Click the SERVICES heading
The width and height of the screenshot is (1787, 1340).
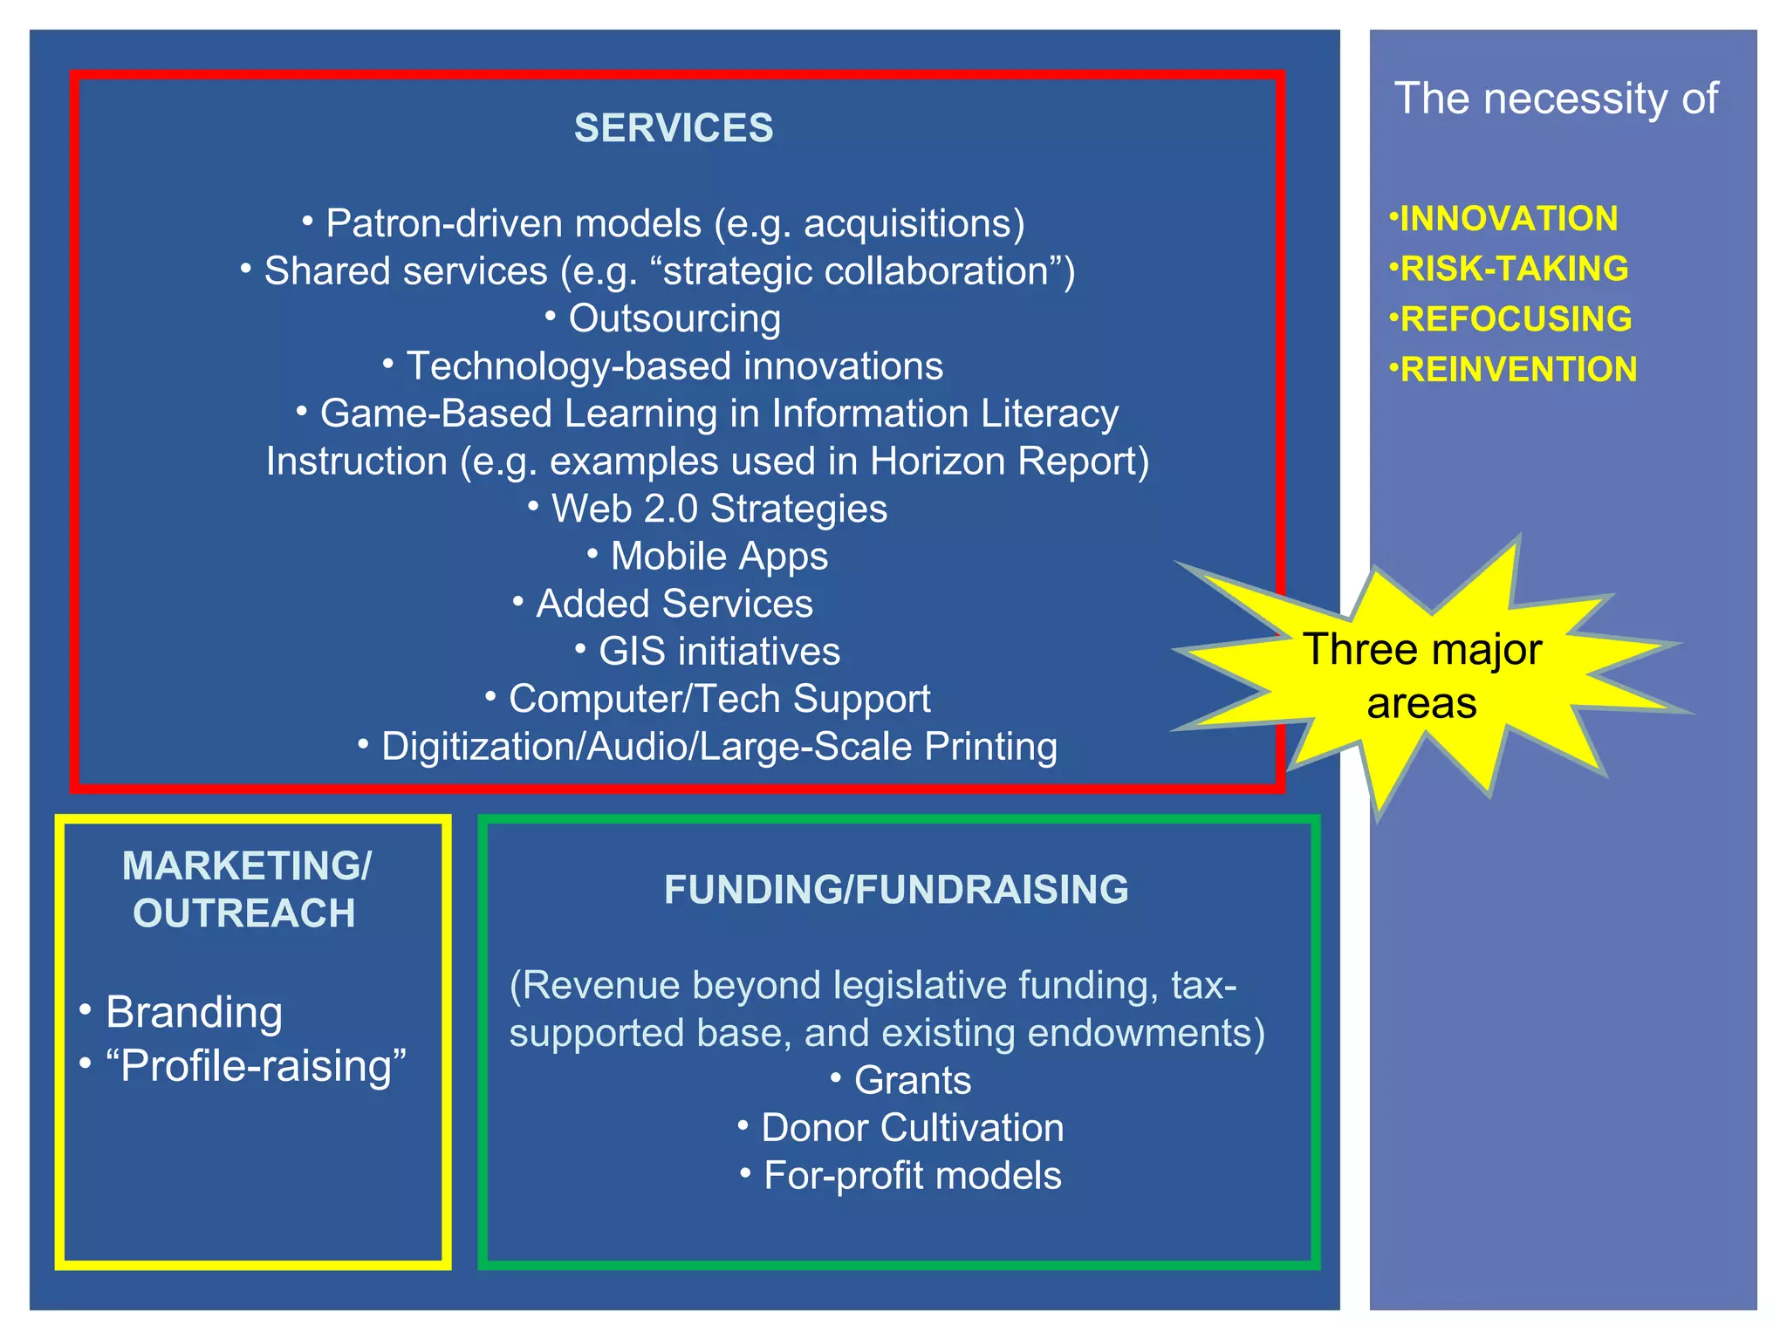point(673,128)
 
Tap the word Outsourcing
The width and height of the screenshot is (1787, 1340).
point(674,318)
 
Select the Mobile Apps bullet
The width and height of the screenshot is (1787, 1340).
point(719,556)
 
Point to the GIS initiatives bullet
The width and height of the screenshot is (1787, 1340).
point(719,652)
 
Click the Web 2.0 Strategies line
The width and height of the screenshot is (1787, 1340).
point(719,509)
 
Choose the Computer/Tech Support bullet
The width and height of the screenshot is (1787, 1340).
point(719,699)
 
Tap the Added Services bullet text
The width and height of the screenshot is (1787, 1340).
point(674,604)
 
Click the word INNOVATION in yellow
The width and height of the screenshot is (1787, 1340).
point(1508,218)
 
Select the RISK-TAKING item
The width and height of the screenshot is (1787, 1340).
point(1513,269)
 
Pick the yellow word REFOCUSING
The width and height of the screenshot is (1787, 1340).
point(1515,319)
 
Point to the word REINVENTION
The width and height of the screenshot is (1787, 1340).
point(1517,370)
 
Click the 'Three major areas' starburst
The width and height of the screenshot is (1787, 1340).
point(1422,676)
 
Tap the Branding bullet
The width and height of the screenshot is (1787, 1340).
point(194,1012)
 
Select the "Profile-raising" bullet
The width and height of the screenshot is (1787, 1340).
point(255,1065)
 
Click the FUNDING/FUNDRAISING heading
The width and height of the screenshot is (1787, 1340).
point(896,890)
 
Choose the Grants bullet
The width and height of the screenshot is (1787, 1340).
point(912,1080)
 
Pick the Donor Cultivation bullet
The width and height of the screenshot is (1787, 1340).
point(912,1128)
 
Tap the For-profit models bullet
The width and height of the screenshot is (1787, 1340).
point(912,1176)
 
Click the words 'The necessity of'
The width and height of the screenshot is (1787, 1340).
point(1556,99)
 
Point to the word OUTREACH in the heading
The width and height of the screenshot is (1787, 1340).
point(244,913)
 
